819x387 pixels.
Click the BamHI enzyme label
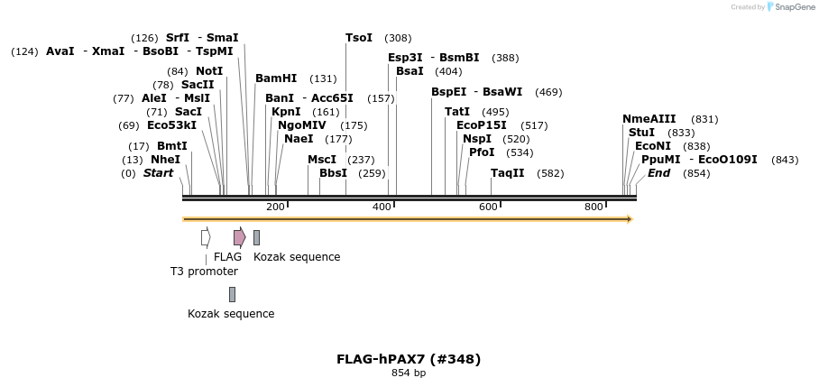276,78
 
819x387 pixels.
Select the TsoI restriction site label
359,38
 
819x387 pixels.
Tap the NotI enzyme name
209,70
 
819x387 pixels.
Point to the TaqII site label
507,173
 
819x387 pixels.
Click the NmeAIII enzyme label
649,119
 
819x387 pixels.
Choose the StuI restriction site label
641,133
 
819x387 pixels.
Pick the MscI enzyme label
322,160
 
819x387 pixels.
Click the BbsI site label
333,173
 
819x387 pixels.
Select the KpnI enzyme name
286,112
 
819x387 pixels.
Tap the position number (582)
550,173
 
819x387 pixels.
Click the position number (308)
398,38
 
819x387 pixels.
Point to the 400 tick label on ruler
382,207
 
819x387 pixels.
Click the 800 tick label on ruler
594,207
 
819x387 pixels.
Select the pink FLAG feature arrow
239,237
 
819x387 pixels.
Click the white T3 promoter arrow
206,237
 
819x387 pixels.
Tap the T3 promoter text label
204,272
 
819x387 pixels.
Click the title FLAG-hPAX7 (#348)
409,359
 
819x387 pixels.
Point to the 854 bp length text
409,373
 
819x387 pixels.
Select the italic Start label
158,173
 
